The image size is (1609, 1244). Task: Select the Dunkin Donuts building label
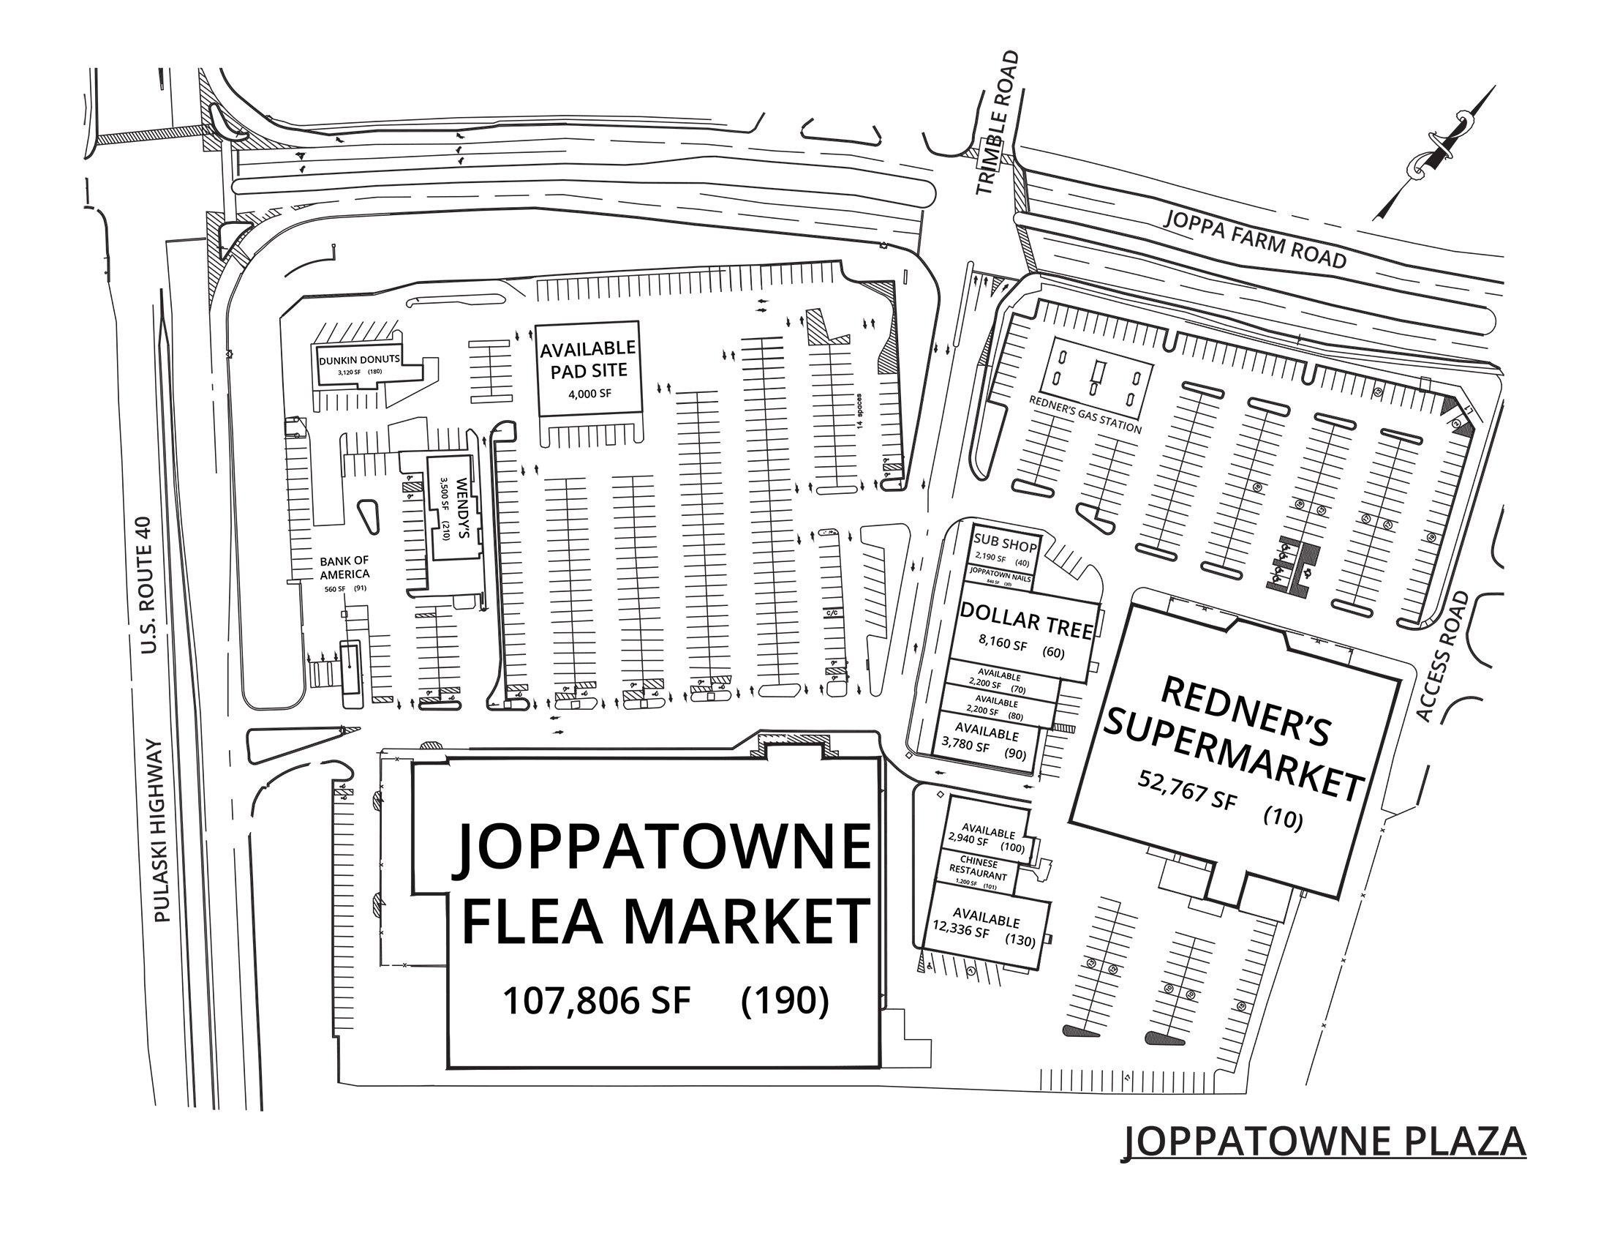tap(360, 360)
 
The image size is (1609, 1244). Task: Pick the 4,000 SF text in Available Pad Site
tap(589, 394)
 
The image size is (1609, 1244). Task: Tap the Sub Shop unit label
tap(1005, 546)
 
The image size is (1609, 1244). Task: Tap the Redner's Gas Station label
tap(1085, 414)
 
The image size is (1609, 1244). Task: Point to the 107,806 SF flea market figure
tap(596, 1000)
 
